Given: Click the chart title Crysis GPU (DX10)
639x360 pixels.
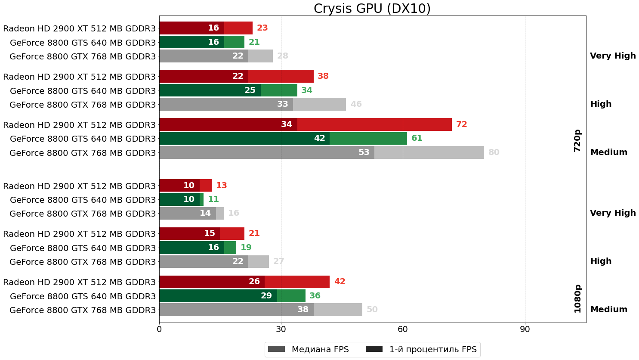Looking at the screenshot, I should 372,9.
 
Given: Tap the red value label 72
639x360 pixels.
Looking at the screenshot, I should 461,124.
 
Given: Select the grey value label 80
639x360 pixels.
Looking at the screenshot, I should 494,152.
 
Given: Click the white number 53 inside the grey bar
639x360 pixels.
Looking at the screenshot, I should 364,152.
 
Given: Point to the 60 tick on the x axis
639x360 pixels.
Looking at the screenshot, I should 403,329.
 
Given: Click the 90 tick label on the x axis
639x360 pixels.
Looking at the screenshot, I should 525,329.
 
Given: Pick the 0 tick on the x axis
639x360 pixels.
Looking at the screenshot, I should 159,329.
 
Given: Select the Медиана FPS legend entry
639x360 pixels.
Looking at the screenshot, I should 308,349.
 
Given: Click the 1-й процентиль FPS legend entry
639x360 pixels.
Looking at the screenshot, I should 421,349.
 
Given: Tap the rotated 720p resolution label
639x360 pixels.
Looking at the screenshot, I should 577,140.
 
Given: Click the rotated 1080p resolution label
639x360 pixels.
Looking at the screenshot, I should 577,298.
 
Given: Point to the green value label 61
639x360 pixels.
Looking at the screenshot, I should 417,138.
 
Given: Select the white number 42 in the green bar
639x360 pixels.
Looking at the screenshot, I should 319,138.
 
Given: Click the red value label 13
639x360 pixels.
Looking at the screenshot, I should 221,186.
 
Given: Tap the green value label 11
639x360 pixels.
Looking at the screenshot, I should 213,199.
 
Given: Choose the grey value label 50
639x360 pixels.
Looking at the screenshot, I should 372,310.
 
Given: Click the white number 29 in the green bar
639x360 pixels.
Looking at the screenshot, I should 266,296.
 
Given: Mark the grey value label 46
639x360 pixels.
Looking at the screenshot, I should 356,104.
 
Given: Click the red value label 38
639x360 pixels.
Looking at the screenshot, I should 323,76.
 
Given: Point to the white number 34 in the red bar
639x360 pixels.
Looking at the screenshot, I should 286,124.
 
